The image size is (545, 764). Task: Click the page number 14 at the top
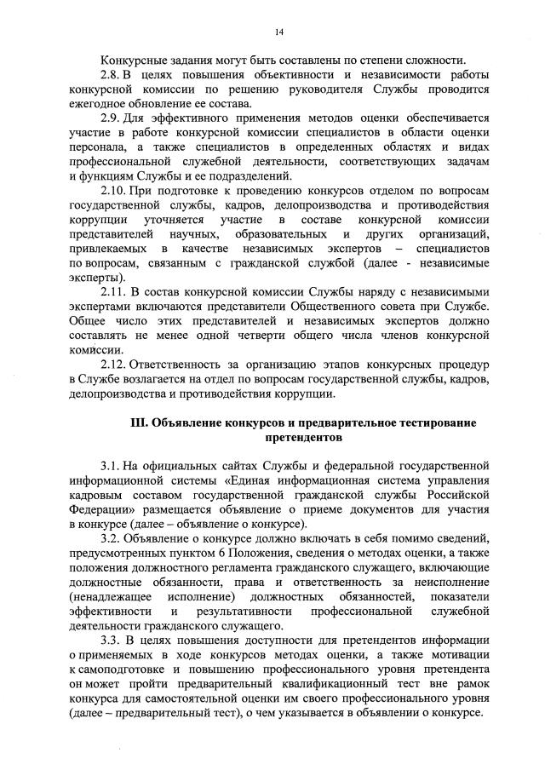coord(278,32)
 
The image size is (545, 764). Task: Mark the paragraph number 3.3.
coord(110,640)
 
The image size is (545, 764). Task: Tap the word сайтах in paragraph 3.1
coord(223,466)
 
